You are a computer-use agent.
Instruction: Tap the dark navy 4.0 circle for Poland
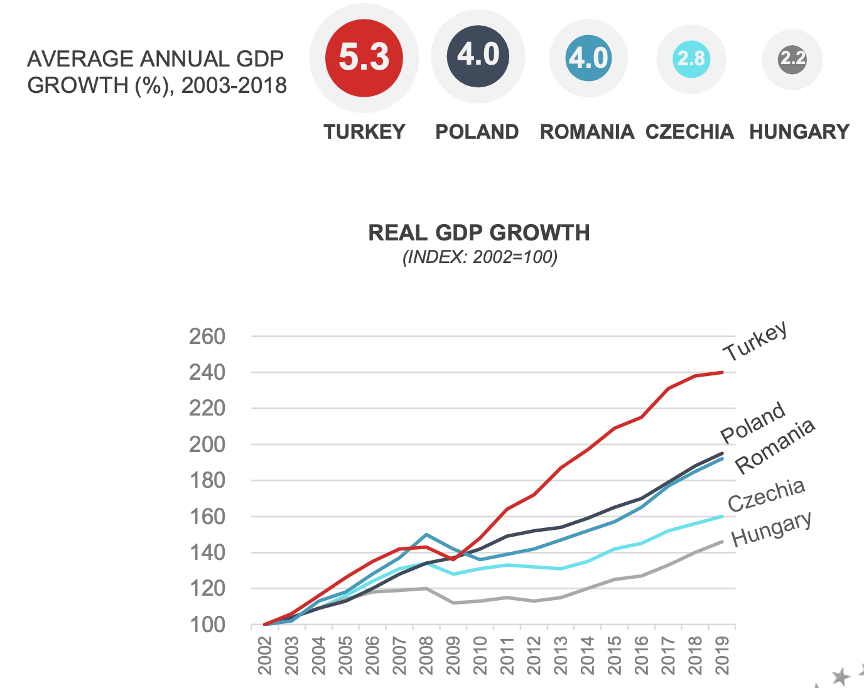pos(478,56)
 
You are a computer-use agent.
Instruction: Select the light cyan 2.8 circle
pos(691,59)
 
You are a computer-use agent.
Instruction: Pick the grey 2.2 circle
pos(792,59)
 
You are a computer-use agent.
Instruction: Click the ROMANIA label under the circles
pos(586,132)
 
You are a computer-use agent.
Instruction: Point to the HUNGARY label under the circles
pos(799,132)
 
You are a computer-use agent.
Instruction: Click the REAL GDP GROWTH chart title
pos(479,233)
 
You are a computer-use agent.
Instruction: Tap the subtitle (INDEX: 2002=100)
pos(480,257)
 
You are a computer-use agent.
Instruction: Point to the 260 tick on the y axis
pos(207,336)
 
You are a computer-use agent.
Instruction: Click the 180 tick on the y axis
pos(207,481)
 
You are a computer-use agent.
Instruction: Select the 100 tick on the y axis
pos(207,625)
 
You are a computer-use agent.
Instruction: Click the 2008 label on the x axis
pos(426,655)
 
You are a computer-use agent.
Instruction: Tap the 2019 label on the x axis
pos(723,655)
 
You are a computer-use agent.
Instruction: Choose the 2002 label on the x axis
pos(265,655)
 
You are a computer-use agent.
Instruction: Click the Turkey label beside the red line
pos(755,341)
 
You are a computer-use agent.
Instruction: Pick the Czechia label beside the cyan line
pos(766,495)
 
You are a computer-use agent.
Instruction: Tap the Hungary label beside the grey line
pos(771,529)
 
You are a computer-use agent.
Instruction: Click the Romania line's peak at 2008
pos(426,535)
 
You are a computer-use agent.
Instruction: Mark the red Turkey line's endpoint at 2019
pos(722,372)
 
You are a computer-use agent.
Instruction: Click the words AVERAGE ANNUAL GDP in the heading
pos(155,59)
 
